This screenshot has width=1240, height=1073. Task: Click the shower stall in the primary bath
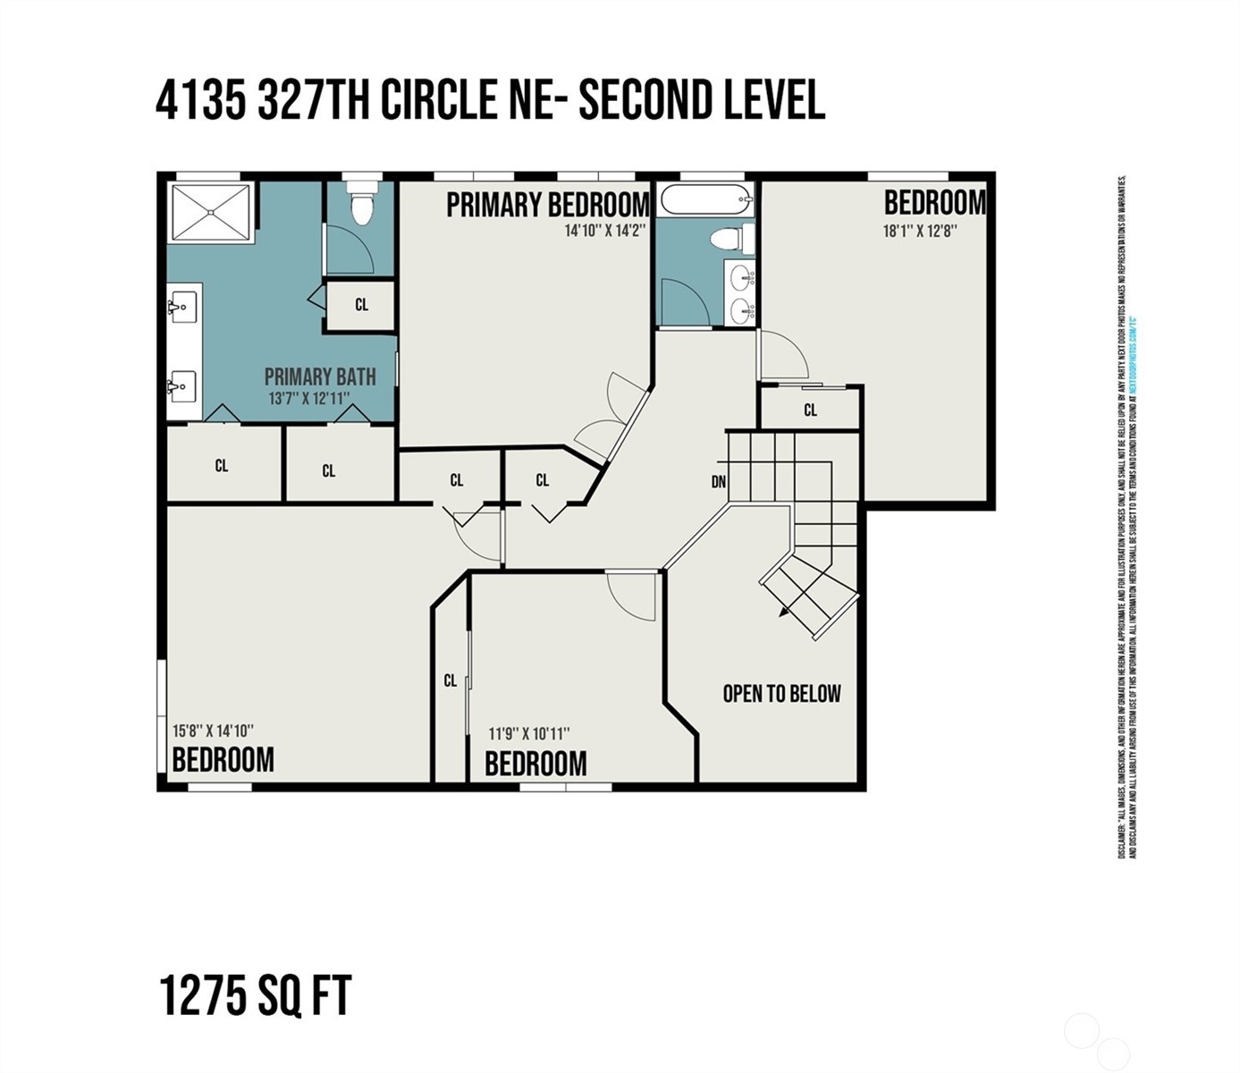click(x=211, y=212)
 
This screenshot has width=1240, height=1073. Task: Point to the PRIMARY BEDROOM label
click(x=547, y=205)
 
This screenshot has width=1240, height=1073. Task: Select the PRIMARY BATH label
click(x=319, y=376)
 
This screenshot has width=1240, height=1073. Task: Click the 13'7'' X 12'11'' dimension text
click(x=309, y=399)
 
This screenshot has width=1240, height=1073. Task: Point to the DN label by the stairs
click(x=719, y=482)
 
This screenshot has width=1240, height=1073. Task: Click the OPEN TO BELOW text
click(x=781, y=694)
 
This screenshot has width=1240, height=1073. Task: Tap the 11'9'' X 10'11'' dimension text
click(x=529, y=734)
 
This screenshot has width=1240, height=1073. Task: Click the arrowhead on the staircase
click(x=783, y=612)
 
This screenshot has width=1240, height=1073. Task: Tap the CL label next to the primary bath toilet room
click(x=361, y=305)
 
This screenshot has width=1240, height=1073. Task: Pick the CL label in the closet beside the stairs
click(x=810, y=410)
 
